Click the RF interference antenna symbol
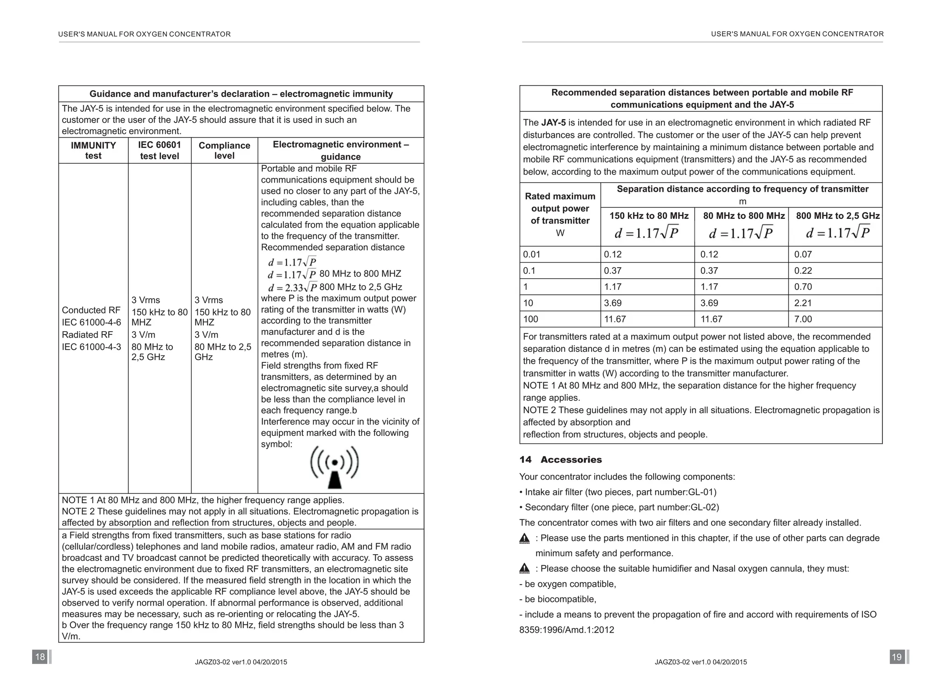click(x=334, y=467)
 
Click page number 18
click(x=40, y=657)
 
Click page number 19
click(x=896, y=657)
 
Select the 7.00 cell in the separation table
click(x=803, y=319)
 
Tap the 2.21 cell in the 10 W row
click(x=803, y=303)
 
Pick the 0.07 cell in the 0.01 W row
click(x=803, y=254)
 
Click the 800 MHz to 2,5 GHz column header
click(x=838, y=216)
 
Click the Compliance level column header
click(x=224, y=150)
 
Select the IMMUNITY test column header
click(x=93, y=150)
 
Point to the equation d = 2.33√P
click(x=293, y=287)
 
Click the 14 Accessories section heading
click(x=560, y=459)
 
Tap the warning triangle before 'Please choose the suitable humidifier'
click(x=524, y=569)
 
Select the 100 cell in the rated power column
click(x=530, y=319)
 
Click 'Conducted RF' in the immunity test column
click(x=91, y=310)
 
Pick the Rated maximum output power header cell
click(x=560, y=214)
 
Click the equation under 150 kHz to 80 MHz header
click(x=647, y=233)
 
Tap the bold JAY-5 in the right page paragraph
click(x=553, y=123)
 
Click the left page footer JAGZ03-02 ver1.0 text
click(x=241, y=662)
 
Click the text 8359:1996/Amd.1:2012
click(x=567, y=630)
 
